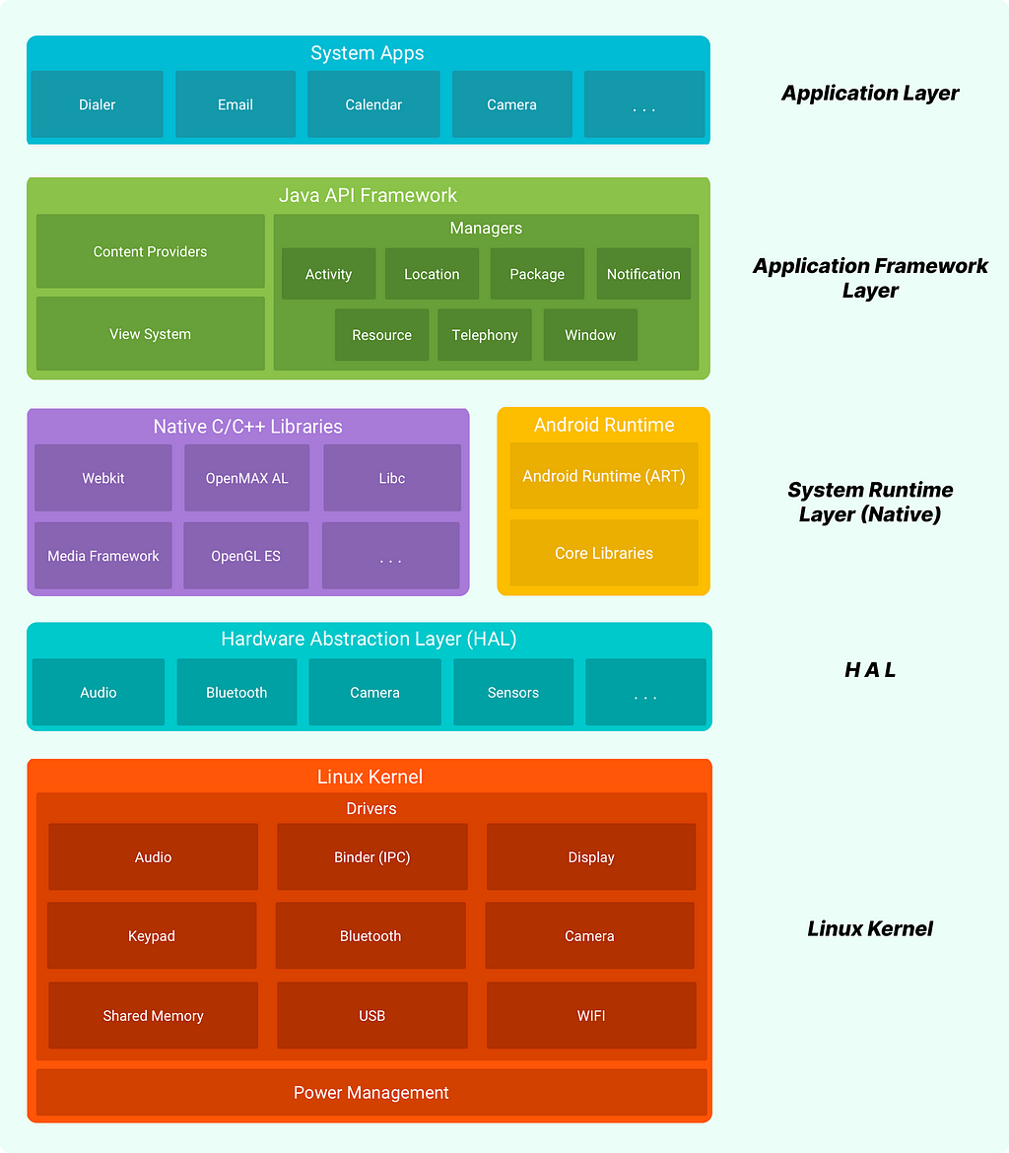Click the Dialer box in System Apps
[97, 104]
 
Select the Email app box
[235, 104]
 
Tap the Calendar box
[373, 104]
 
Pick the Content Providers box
[151, 251]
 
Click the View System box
[151, 334]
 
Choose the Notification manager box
[643, 274]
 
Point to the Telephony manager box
[485, 335]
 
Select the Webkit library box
[103, 478]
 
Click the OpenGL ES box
[246, 556]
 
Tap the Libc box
[392, 478]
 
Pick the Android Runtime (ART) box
[604, 476]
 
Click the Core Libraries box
[604, 553]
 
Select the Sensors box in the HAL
[513, 693]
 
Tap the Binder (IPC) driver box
[372, 857]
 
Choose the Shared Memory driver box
[153, 1015]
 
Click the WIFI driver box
[591, 1015]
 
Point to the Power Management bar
[371, 1092]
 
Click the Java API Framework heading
[368, 195]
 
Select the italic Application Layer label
[870, 94]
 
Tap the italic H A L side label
[870, 670]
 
